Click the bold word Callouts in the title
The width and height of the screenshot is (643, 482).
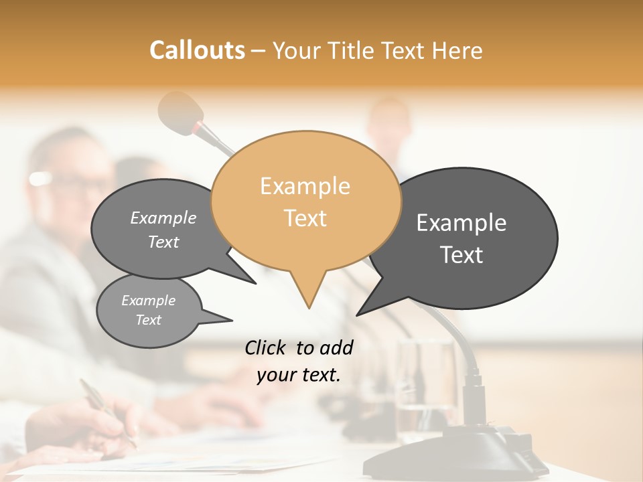(197, 50)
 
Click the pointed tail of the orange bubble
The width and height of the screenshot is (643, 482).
(308, 295)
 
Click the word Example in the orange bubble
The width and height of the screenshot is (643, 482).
(305, 186)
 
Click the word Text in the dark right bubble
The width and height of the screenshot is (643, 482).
(462, 255)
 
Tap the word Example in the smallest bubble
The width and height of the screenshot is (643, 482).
(148, 301)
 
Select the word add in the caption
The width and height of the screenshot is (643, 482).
(336, 347)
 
